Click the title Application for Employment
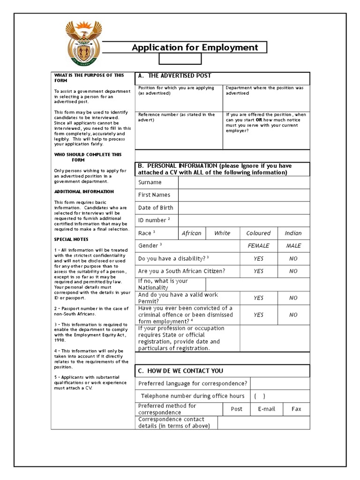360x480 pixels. [x=195, y=47]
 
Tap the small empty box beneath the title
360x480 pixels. [x=180, y=59]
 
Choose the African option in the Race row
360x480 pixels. [x=191, y=233]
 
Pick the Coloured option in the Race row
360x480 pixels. [x=258, y=233]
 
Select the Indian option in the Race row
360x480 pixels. [x=293, y=233]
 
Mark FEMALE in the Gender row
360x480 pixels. [x=258, y=246]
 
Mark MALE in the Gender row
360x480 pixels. [x=293, y=246]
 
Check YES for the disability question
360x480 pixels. [x=258, y=258]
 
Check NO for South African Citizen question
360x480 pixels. [x=293, y=271]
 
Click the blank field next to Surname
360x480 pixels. [x=244, y=182]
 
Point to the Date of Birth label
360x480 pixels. [x=156, y=208]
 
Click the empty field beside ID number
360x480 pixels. [x=244, y=220]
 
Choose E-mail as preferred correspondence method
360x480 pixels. [x=266, y=409]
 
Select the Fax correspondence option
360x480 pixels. [x=296, y=409]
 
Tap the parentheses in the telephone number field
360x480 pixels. [x=260, y=396]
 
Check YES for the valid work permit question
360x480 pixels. [x=258, y=298]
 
